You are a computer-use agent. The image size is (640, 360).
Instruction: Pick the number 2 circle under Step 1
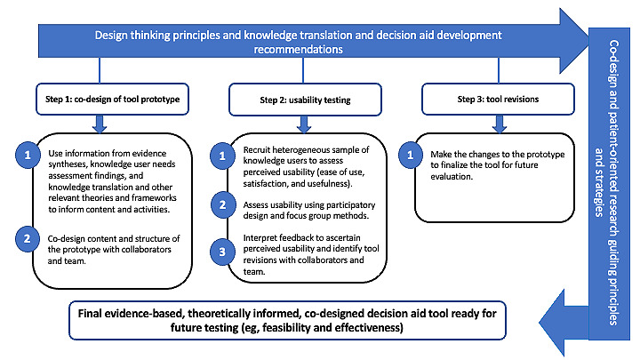coord(28,237)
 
